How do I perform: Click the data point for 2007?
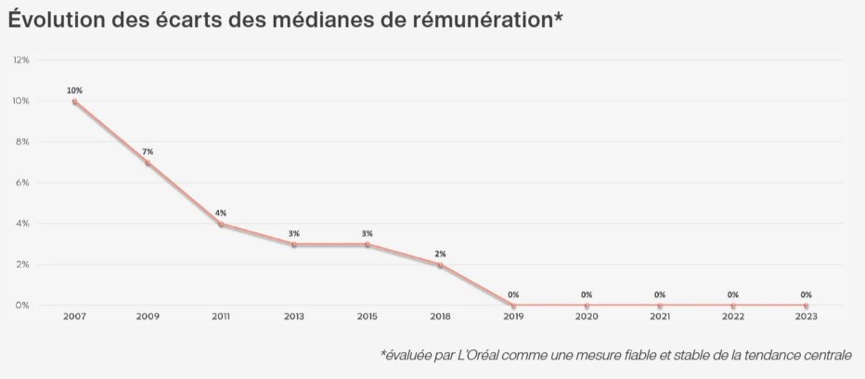[74, 101]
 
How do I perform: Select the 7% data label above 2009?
[148, 151]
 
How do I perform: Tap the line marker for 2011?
[221, 224]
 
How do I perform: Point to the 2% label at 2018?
[440, 254]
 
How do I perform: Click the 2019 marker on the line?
[513, 306]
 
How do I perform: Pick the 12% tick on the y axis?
[21, 59]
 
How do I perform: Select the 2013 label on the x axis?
[294, 317]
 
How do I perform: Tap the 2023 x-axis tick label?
[806, 317]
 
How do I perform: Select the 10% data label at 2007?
[74, 90]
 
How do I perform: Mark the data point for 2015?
[368, 244]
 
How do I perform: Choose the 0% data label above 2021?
[660, 294]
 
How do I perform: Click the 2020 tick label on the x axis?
[587, 317]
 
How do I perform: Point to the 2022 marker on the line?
[733, 306]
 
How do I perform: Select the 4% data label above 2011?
[221, 213]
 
